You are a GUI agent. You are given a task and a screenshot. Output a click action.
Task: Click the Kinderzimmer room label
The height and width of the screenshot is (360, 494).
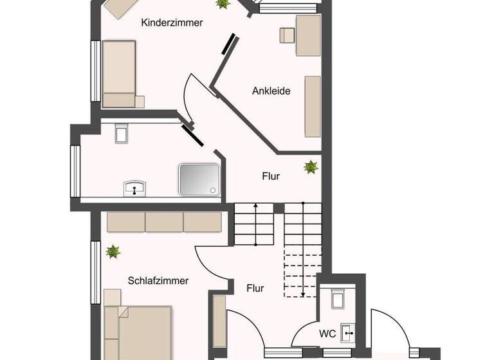pyautogui.click(x=172, y=22)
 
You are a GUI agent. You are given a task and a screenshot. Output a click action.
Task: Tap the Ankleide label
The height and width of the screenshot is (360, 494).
pyautogui.click(x=271, y=91)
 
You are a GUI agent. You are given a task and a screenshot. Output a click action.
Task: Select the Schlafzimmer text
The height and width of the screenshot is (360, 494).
pyautogui.click(x=158, y=280)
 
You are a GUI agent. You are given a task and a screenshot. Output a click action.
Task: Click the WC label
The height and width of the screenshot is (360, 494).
pyautogui.click(x=327, y=334)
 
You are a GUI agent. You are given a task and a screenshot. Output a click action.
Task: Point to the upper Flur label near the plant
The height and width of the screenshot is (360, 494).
pyautogui.click(x=271, y=175)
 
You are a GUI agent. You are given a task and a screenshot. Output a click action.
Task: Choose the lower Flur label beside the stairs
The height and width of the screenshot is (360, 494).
pyautogui.click(x=255, y=288)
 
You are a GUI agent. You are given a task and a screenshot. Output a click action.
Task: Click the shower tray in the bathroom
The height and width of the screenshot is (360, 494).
pyautogui.click(x=199, y=179)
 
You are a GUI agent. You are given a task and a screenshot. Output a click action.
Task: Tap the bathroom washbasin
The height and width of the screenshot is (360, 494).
pyautogui.click(x=134, y=188)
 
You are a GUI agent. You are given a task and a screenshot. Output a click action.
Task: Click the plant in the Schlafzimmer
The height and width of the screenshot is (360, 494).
pyautogui.click(x=113, y=251)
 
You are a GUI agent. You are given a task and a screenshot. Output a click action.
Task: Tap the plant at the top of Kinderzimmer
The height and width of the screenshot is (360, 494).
pyautogui.click(x=223, y=4)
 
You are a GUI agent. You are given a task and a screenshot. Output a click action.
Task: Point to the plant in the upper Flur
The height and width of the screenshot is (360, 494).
pyautogui.click(x=311, y=167)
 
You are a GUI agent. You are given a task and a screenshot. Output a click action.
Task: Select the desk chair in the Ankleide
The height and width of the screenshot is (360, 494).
pyautogui.click(x=287, y=35)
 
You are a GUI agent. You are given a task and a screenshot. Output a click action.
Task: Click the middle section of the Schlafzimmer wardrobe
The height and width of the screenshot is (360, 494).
pyautogui.click(x=164, y=222)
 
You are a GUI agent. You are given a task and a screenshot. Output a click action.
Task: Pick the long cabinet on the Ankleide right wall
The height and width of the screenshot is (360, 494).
pyautogui.click(x=313, y=106)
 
